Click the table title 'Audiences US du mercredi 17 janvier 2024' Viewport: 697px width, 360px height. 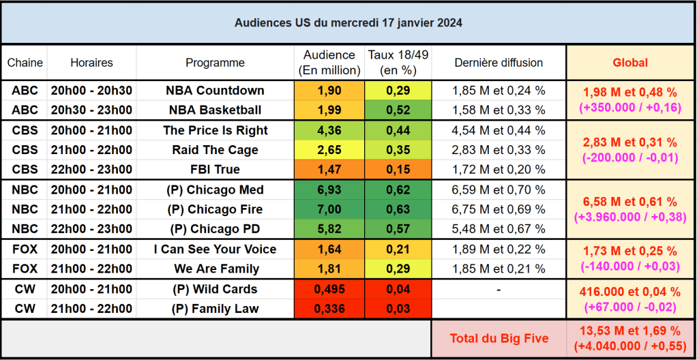(348, 22)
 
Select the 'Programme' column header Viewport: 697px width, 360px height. (215, 63)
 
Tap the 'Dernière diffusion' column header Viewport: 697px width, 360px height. (499, 63)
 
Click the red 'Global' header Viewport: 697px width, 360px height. (630, 63)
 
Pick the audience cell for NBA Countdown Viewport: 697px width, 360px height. (329, 91)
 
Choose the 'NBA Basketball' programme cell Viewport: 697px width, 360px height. (215, 110)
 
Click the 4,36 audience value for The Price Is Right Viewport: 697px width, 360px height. (329, 130)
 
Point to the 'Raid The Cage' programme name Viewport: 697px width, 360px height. (215, 150)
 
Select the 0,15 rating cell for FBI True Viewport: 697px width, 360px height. (398, 169)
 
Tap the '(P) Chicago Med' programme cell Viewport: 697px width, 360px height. (215, 190)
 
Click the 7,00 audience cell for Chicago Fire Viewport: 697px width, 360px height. (329, 209)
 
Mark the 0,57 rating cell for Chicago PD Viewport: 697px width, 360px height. (398, 228)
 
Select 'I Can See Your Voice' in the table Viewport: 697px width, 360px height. (215, 250)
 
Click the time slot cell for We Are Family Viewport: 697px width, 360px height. (91, 269)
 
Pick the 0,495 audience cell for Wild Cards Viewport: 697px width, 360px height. (329, 289)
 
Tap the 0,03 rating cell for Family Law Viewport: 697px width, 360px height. (398, 309)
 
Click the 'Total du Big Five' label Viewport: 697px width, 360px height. (499, 338)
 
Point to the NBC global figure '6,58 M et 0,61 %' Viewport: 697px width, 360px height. (630, 202)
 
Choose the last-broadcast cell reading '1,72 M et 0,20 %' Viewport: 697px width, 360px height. (499, 169)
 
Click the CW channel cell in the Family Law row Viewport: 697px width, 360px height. (25, 309)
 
